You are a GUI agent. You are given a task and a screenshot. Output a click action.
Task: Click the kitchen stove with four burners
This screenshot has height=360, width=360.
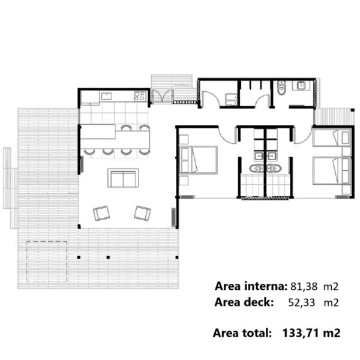(x=140, y=96)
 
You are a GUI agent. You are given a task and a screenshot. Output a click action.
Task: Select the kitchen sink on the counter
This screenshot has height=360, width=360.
(x=107, y=96)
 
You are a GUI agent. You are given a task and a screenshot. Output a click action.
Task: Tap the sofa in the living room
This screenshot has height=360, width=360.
(x=123, y=178)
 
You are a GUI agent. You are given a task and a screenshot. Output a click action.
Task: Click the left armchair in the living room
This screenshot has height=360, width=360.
(x=101, y=213)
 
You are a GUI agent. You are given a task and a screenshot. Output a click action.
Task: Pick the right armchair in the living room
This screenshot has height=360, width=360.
(x=142, y=213)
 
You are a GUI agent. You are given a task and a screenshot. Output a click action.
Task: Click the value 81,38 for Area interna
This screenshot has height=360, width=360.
(x=304, y=286)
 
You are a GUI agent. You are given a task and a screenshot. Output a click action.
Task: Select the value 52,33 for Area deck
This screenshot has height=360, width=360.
(x=301, y=302)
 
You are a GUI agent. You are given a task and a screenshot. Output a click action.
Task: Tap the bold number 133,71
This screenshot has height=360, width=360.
(x=301, y=333)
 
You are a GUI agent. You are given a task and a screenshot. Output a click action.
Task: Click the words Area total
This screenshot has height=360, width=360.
(x=242, y=333)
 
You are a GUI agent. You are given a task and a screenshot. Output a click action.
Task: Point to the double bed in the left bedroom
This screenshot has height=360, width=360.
(x=199, y=160)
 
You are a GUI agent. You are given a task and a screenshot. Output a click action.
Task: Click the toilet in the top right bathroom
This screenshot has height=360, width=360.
(x=281, y=88)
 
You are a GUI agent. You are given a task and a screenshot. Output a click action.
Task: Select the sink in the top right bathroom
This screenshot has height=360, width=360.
(x=301, y=86)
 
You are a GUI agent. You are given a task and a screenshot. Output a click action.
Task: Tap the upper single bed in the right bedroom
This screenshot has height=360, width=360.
(x=332, y=137)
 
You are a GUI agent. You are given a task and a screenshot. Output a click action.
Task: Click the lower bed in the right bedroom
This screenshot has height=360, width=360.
(x=332, y=170)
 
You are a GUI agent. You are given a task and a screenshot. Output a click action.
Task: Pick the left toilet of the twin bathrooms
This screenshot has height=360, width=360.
(x=257, y=169)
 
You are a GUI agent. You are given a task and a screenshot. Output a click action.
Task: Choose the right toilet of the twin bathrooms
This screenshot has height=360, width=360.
(x=274, y=169)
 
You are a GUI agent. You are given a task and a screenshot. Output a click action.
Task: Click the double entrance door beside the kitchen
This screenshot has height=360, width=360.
(x=163, y=95)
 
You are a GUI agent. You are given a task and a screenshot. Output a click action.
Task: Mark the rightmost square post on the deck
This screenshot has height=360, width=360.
(x=177, y=257)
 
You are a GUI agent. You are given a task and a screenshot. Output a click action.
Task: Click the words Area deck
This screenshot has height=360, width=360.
(x=244, y=302)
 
